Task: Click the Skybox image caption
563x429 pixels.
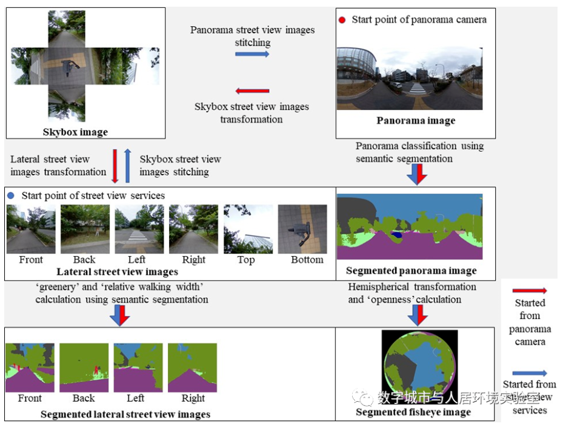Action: (x=75, y=132)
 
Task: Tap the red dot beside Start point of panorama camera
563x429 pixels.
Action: (x=342, y=20)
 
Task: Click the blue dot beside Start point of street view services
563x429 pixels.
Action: (x=10, y=196)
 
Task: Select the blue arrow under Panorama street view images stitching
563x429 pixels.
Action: (x=252, y=54)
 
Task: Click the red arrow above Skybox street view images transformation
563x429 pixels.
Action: (x=252, y=91)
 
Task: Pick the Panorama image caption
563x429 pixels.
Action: (x=415, y=120)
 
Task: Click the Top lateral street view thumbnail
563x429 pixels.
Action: (x=247, y=229)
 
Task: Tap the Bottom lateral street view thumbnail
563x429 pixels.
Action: (x=302, y=229)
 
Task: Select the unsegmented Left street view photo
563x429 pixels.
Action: (x=139, y=229)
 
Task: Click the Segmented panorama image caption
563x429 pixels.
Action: (x=411, y=271)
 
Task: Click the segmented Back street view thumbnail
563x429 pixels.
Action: (x=84, y=368)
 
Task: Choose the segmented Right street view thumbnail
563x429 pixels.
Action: (x=192, y=368)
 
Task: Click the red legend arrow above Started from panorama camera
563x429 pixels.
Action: (x=529, y=291)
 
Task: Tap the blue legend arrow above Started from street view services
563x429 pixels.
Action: (x=529, y=373)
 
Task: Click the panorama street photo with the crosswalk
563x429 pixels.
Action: (x=409, y=78)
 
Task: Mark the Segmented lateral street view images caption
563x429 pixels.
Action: (x=125, y=414)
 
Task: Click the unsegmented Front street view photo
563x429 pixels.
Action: (x=30, y=229)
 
